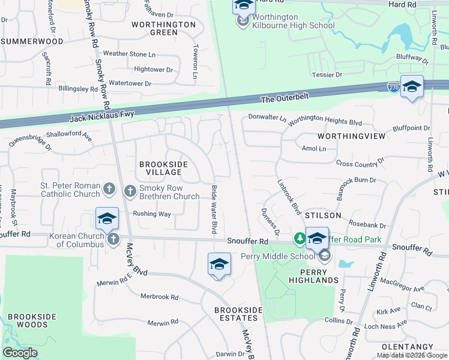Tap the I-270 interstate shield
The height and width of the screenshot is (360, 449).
pos(393,86)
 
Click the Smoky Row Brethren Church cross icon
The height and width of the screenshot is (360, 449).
pos(130,191)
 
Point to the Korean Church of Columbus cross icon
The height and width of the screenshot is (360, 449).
pos(113,240)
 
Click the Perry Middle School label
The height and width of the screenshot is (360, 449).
pos(278,257)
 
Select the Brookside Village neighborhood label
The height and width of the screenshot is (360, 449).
pos(163,168)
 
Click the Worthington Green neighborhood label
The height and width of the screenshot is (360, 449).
pos(163,28)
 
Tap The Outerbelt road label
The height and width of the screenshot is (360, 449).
pos(283,99)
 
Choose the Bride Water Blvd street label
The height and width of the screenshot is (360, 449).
pos(213,209)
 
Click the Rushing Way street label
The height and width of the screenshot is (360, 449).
pos(152,214)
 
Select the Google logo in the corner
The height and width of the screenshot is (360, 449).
pos(20,353)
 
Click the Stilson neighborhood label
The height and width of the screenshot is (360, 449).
pos(323,215)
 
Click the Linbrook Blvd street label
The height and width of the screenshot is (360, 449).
pos(289,196)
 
